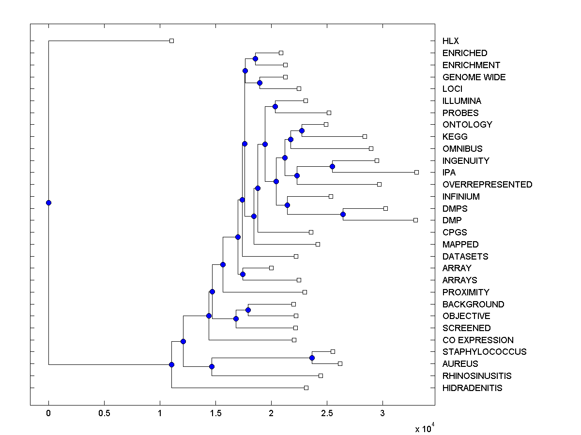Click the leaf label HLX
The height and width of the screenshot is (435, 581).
pyautogui.click(x=450, y=41)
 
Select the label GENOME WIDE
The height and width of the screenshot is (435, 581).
pyautogui.click(x=474, y=77)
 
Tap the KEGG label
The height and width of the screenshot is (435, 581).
pyautogui.click(x=455, y=137)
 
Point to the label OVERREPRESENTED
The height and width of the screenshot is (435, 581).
pyautogui.click(x=487, y=185)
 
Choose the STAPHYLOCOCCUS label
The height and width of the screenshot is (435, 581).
pyautogui.click(x=484, y=352)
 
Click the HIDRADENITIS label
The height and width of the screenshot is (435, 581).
pyautogui.click(x=472, y=388)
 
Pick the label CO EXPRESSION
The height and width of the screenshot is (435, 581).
pyautogui.click(x=478, y=340)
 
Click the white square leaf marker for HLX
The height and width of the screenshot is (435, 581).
pyautogui.click(x=171, y=41)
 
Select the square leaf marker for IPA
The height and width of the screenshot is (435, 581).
pyautogui.click(x=416, y=172)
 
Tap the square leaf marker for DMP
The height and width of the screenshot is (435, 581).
pyautogui.click(x=415, y=220)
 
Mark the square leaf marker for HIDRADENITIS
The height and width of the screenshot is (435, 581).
pyautogui.click(x=306, y=388)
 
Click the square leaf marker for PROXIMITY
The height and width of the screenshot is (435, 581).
pyautogui.click(x=305, y=292)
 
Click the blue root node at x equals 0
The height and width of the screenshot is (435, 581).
pyautogui.click(x=48, y=203)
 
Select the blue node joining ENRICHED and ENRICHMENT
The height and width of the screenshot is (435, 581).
pyautogui.click(x=255, y=58)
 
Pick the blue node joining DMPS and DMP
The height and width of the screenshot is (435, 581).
pyautogui.click(x=343, y=214)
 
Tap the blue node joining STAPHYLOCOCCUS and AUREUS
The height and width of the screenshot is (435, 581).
pyautogui.click(x=312, y=358)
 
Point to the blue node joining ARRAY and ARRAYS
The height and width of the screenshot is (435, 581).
pyautogui.click(x=243, y=274)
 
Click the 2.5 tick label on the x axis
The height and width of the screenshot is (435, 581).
pyautogui.click(x=327, y=414)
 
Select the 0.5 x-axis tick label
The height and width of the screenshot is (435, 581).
pyautogui.click(x=104, y=414)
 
